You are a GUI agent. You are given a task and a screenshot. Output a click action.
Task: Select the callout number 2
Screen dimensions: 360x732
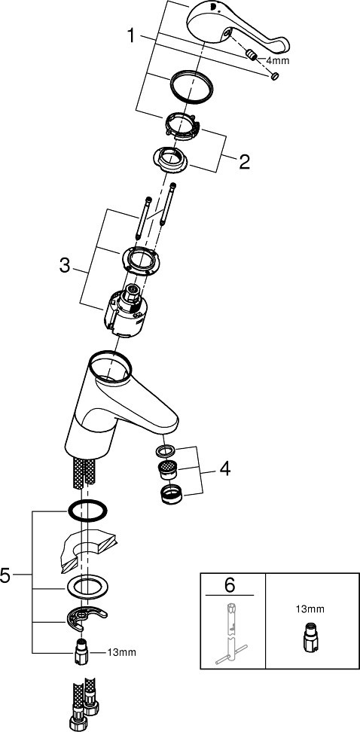pyautogui.click(x=244, y=161)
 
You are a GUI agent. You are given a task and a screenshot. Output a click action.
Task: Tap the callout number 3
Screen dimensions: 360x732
pyautogui.click(x=65, y=267)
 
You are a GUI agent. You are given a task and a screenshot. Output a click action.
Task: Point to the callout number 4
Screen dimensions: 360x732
pyautogui.click(x=225, y=469)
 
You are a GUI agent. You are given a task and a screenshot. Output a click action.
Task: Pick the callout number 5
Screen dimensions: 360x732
pyautogui.click(x=5, y=575)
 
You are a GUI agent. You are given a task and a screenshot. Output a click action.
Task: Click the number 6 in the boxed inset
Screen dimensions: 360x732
pyautogui.click(x=230, y=585)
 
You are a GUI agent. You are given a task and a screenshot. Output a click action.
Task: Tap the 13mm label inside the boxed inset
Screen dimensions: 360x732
pyautogui.click(x=310, y=608)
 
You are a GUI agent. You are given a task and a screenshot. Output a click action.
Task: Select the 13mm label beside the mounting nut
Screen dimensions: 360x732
pyautogui.click(x=122, y=652)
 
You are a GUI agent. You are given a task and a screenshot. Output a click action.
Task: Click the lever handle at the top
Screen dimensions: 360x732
pyautogui.click(x=236, y=28)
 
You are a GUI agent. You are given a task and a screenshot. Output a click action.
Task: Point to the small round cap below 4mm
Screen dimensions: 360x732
pyautogui.click(x=275, y=76)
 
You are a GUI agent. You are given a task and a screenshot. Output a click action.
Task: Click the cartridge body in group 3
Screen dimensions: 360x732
pyautogui.click(x=126, y=313)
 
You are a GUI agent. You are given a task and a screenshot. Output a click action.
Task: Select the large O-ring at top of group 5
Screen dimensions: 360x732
pyautogui.click(x=87, y=511)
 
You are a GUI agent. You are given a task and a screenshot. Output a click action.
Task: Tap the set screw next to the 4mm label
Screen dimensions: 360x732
pyautogui.click(x=252, y=57)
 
